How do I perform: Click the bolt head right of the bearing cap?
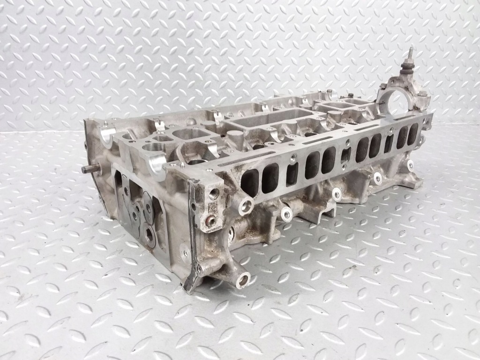423,94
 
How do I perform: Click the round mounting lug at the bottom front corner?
243,280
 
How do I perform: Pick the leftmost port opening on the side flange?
250,182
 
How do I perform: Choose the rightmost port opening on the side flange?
412,135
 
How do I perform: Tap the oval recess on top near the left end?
191,135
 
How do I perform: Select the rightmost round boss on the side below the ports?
410,165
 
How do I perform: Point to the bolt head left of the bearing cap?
383,86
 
